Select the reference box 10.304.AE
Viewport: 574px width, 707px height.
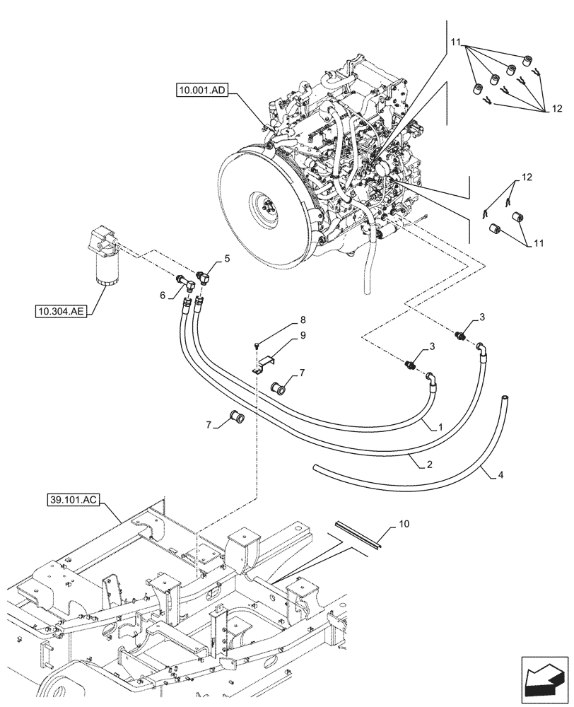[59, 310]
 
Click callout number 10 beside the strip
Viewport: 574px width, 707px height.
[404, 524]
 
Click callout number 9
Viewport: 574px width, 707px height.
[302, 335]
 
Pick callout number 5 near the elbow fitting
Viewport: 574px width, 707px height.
[227, 259]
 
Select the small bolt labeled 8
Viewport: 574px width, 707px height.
[256, 346]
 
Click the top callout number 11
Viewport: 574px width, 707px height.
[456, 43]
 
